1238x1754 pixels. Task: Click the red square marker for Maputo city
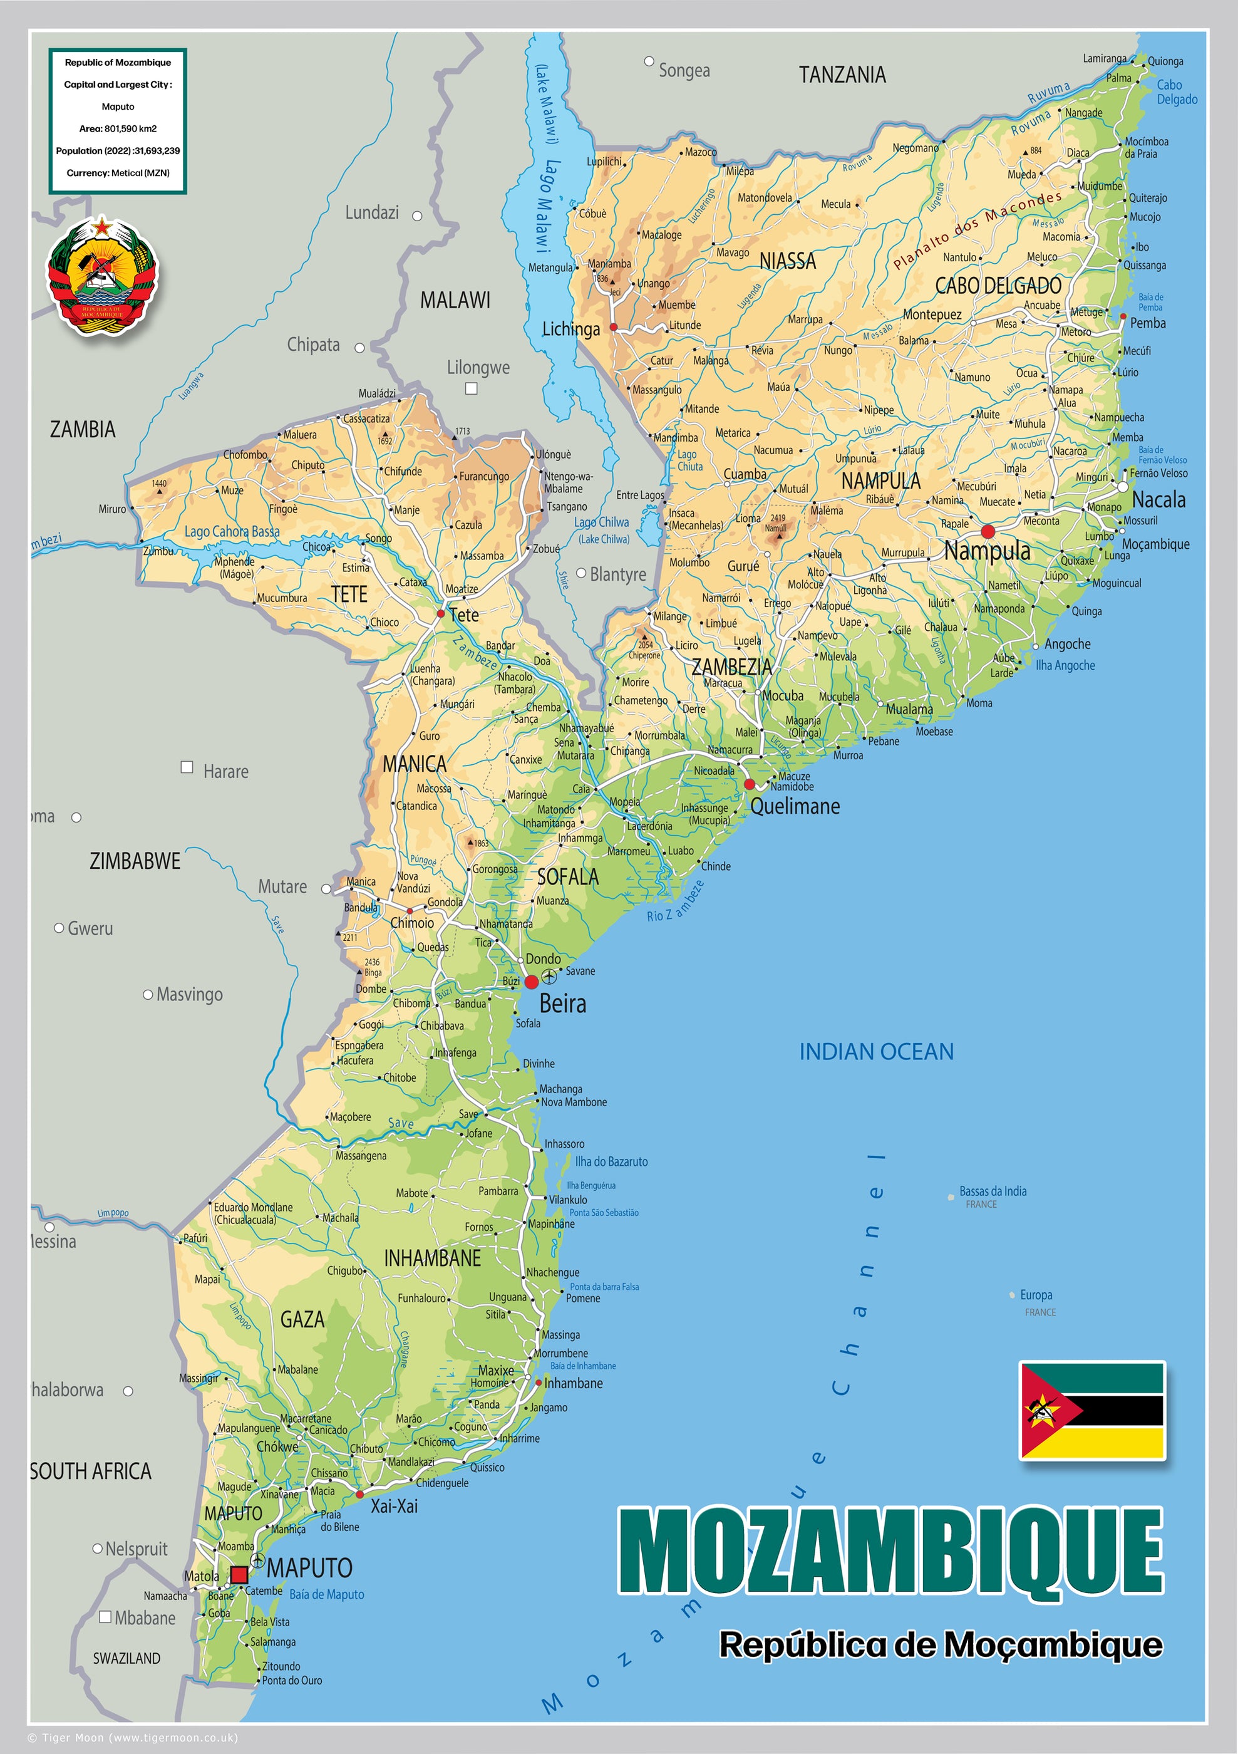point(239,1574)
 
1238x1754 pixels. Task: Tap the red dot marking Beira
point(532,982)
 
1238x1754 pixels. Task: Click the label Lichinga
point(570,330)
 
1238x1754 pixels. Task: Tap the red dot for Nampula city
point(988,531)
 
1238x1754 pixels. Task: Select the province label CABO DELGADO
point(998,286)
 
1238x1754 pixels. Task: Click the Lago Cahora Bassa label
point(232,532)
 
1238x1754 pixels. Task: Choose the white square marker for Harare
point(187,766)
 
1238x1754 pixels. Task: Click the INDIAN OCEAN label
point(876,1052)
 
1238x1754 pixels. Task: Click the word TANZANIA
point(842,75)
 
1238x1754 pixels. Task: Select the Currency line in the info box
point(118,173)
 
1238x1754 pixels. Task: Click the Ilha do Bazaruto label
point(611,1161)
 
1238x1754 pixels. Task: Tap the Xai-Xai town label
point(394,1506)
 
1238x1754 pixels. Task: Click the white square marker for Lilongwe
point(472,388)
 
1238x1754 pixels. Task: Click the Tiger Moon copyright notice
point(133,1737)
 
